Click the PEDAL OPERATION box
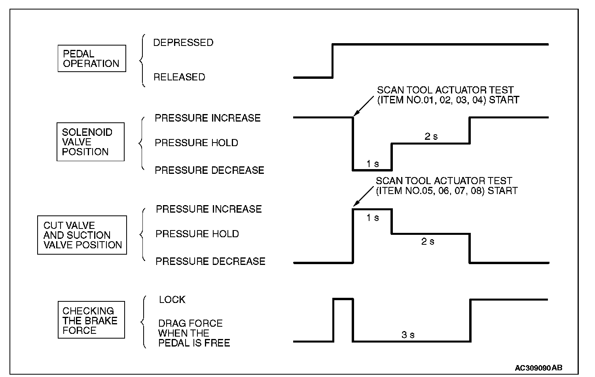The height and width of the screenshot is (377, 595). (92, 59)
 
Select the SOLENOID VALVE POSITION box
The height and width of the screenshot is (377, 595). (90, 142)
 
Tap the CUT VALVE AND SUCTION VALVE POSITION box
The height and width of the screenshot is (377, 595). (82, 235)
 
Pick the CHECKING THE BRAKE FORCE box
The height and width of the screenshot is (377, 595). (91, 320)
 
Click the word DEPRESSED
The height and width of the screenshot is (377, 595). (183, 42)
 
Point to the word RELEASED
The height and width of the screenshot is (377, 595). (179, 77)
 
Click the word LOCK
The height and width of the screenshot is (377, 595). (172, 299)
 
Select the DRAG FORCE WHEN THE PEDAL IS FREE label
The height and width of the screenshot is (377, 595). (194, 333)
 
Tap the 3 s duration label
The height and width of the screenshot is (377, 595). (408, 335)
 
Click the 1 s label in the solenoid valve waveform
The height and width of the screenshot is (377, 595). (372, 164)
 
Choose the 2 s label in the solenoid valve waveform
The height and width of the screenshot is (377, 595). (431, 136)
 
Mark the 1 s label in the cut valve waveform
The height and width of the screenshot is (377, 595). (372, 217)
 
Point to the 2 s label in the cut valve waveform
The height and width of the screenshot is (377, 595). (427, 241)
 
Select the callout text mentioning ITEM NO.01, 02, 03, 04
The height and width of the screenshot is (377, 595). (447, 95)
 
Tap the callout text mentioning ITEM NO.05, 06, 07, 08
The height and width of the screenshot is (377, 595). (446, 186)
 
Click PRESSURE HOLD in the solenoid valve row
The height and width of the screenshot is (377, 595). (196, 143)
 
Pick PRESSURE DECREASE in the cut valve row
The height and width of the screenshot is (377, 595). (210, 261)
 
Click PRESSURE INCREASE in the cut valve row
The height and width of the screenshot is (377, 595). (208, 209)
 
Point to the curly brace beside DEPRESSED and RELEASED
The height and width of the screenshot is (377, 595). (142, 60)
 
